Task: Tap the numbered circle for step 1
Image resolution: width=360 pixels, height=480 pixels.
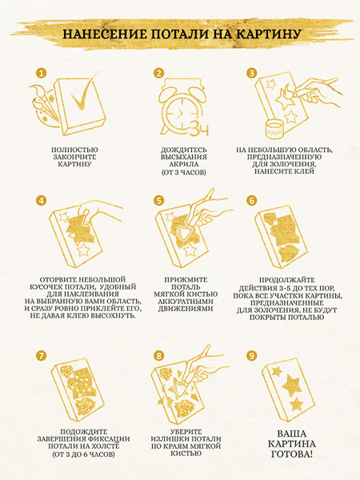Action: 41,73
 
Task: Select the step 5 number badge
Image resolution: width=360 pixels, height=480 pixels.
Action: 159,201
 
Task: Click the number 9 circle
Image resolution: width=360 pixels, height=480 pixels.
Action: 252,356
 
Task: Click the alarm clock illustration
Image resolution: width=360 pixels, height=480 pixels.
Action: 180,106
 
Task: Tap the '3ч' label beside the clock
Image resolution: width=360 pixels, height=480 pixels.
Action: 199,129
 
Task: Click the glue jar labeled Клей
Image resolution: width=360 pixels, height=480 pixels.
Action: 274,130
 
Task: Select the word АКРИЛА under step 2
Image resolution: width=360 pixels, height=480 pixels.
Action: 184,164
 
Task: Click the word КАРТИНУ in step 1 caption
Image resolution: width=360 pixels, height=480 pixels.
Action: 74,164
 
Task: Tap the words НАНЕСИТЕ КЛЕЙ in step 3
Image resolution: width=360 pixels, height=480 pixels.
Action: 284,171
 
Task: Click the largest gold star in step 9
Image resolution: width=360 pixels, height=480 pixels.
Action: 292,385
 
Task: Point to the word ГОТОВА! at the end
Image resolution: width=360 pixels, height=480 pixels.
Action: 292,454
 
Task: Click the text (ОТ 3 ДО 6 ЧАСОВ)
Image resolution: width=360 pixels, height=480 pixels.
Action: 83,454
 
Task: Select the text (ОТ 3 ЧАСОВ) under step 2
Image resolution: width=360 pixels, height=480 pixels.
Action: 184,172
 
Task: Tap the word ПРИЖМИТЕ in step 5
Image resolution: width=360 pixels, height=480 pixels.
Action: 186,280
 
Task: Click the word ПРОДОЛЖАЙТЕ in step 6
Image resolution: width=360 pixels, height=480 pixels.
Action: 287,280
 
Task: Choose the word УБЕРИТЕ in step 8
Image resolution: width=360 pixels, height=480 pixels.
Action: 186,432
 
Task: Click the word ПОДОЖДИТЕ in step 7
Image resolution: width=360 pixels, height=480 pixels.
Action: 83,432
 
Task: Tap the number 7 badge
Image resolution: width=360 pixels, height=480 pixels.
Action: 41,356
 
